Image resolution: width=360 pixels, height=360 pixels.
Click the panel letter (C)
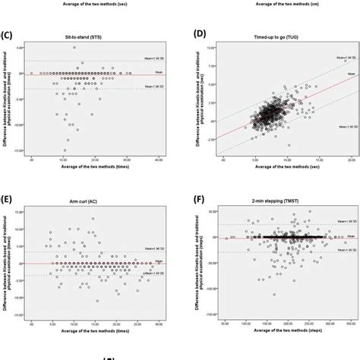[x=8, y=34]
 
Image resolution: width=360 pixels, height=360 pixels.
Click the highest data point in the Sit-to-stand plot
[x=74, y=48]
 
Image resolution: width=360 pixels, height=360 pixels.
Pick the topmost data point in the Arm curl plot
[x=93, y=219]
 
